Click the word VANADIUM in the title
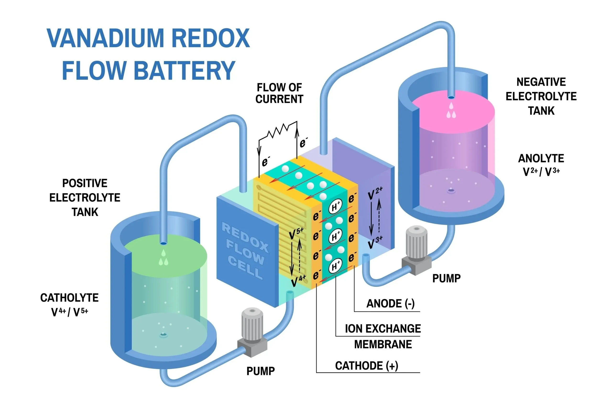tap(105, 38)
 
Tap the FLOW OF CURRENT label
tap(279, 93)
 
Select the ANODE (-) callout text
tap(390, 304)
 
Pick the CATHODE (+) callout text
tap(366, 366)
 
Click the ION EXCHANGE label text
tap(383, 329)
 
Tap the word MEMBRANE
tap(383, 344)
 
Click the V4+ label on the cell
tap(298, 281)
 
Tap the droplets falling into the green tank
tap(164, 258)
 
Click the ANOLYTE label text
tap(541, 158)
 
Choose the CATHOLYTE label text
tap(69, 298)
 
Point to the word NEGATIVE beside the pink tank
tap(541, 82)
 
